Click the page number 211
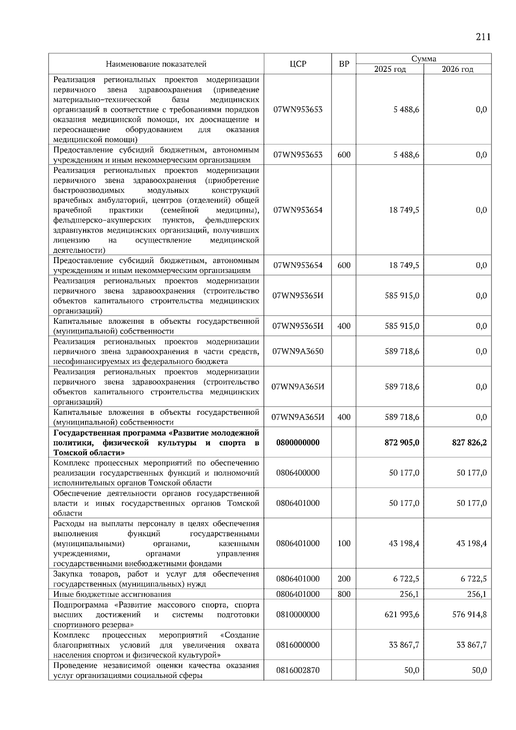pyautogui.click(x=483, y=37)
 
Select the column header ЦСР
pyautogui.click(x=298, y=64)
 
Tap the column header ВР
pyautogui.click(x=344, y=64)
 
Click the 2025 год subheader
pyautogui.click(x=390, y=69)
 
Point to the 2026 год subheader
pyautogui.click(x=457, y=69)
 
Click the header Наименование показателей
pyautogui.click(x=156, y=64)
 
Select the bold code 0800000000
pyautogui.click(x=298, y=442)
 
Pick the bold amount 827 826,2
pyautogui.click(x=469, y=442)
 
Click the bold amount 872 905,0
pyautogui.click(x=402, y=442)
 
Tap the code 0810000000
pyautogui.click(x=298, y=614)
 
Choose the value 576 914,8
pyautogui.click(x=470, y=614)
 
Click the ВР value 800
pyautogui.click(x=344, y=594)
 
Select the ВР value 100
pyautogui.click(x=344, y=543)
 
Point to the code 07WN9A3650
pyautogui.click(x=298, y=351)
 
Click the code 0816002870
pyautogui.click(x=298, y=670)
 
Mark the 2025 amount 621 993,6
pyautogui.click(x=402, y=614)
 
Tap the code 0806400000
pyautogui.click(x=298, y=472)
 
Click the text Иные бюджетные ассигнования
pyautogui.click(x=112, y=594)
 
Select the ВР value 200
pyautogui.click(x=344, y=579)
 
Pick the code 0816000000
pyautogui.click(x=298, y=645)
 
